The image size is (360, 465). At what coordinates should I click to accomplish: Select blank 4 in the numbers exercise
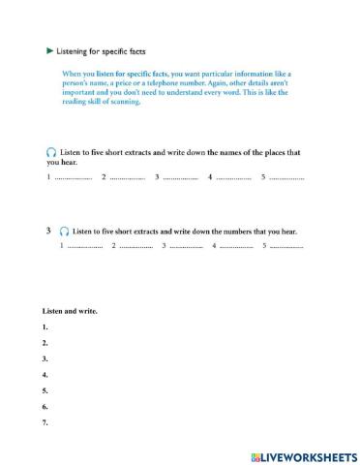point(236,247)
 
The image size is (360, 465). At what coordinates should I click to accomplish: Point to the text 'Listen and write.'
point(71,311)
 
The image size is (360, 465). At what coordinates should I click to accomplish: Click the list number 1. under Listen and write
point(45,327)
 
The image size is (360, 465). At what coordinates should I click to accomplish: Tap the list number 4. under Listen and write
point(45,374)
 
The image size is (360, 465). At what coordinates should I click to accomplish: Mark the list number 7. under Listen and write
point(45,421)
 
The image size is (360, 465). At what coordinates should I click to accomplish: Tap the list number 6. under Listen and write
point(45,406)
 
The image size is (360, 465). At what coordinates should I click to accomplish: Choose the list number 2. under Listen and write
point(45,343)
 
